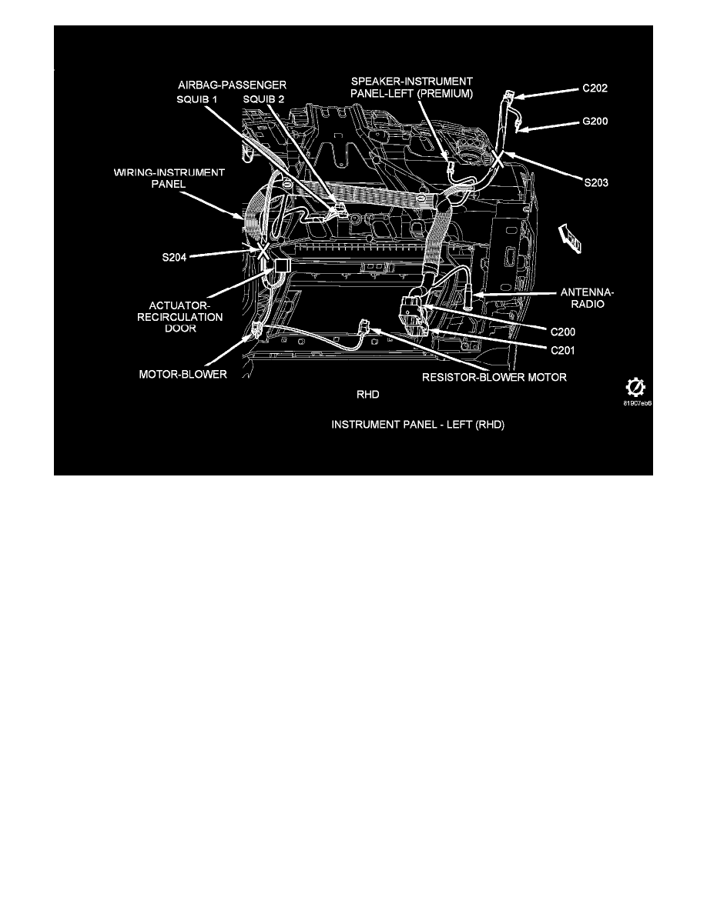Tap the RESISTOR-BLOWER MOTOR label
[x=494, y=377]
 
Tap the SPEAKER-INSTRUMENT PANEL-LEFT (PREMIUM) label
[x=412, y=87]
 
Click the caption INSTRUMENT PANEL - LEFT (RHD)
[x=417, y=425]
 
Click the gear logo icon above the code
[x=635, y=386]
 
